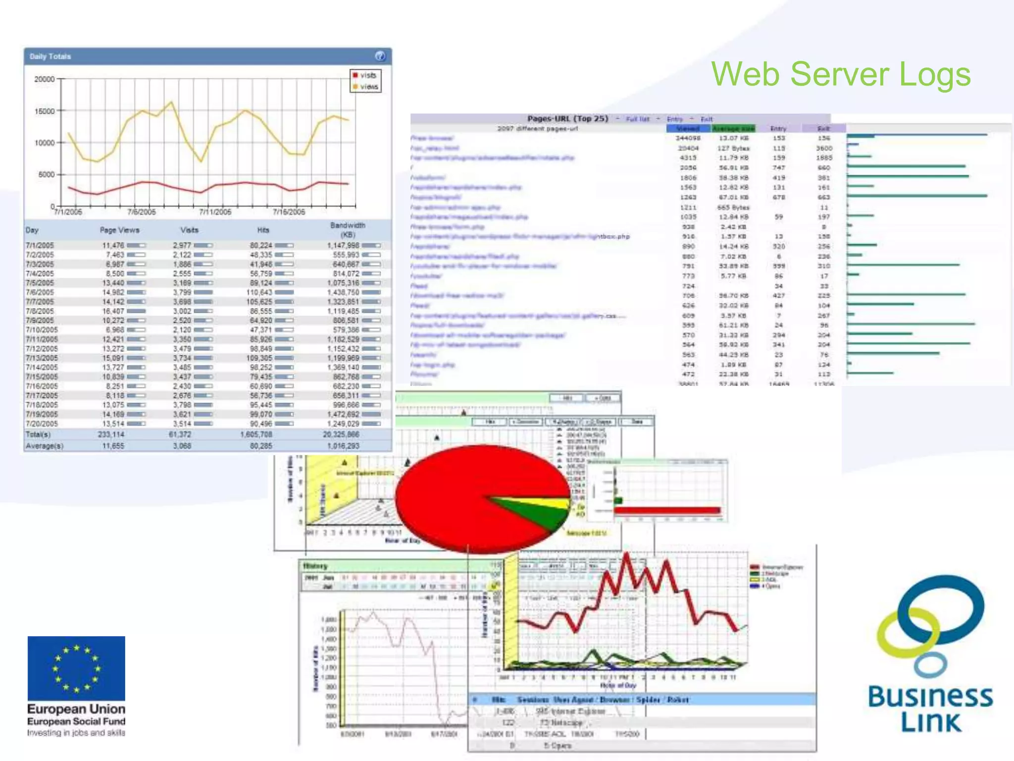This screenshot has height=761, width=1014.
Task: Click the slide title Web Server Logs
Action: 841,74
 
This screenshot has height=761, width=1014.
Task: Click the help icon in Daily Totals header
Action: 380,56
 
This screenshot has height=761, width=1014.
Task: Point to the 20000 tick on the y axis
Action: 45,79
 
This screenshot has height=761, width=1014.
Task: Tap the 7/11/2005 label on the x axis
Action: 215,212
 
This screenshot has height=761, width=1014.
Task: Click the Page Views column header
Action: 119,230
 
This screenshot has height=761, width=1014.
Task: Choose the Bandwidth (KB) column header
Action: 348,229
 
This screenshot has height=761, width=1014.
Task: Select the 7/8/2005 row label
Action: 40,311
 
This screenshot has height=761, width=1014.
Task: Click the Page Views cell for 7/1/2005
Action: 113,245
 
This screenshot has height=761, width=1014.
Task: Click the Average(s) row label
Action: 44,446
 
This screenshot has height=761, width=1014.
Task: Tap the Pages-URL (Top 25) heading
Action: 567,118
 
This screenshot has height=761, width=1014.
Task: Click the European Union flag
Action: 76,668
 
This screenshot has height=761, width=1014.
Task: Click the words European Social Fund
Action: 76,721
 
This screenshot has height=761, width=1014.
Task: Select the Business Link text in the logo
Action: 930,709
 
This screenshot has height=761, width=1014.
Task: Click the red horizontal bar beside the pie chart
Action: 667,510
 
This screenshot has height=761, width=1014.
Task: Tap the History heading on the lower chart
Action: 315,566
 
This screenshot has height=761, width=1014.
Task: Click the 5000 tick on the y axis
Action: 46,174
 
